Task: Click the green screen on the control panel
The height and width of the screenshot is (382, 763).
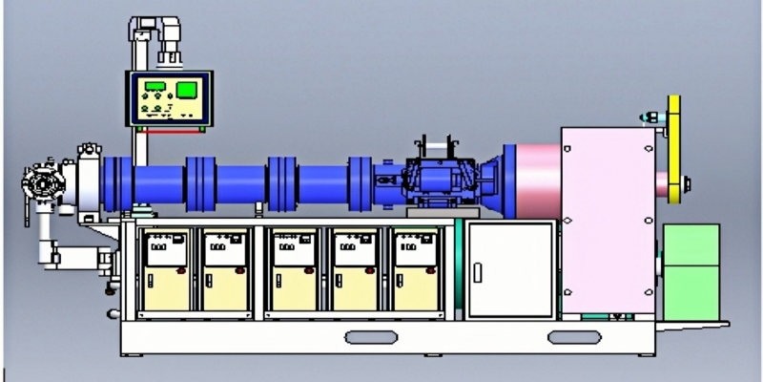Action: point(187,92)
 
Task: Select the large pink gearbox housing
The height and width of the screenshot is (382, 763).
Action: point(608,220)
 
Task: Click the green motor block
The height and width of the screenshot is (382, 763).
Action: point(691,271)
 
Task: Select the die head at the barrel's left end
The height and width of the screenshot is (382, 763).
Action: point(40,182)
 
